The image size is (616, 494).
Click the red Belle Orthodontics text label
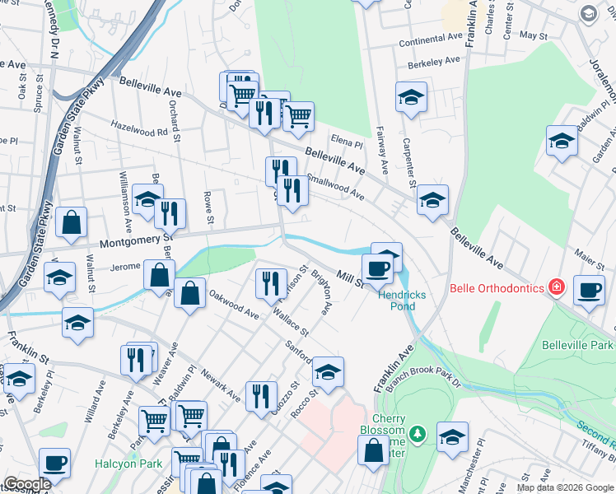tap(497, 288)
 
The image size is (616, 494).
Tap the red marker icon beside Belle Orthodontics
tap(558, 287)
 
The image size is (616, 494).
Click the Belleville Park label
tap(578, 343)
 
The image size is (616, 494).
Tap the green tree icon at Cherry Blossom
tap(418, 433)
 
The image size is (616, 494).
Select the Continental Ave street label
tap(431, 40)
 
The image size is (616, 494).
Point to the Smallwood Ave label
tap(335, 185)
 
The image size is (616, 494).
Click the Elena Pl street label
tap(347, 141)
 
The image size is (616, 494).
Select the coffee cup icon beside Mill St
tap(378, 268)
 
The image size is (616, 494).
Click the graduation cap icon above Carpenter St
tap(411, 98)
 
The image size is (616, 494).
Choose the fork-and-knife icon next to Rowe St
tap(170, 213)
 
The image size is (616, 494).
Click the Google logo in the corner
tap(27, 484)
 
